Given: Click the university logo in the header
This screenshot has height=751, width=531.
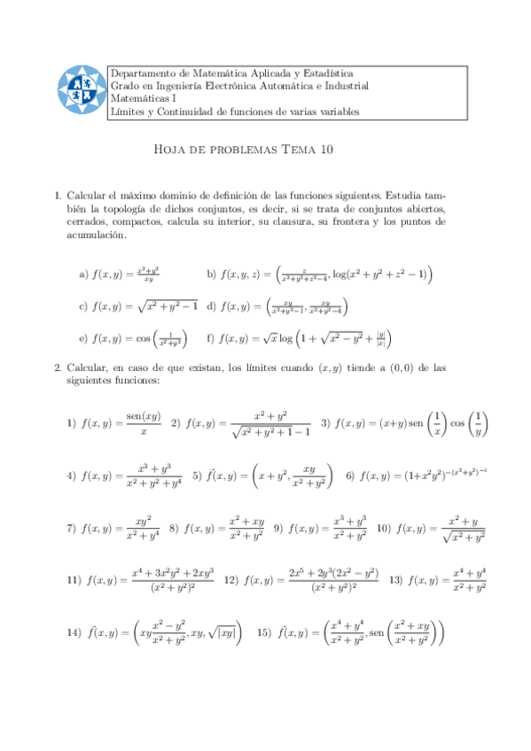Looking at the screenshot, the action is (x=79, y=90).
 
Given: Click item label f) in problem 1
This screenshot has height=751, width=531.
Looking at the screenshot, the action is (x=211, y=337).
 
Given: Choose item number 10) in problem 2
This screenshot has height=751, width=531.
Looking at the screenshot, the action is (x=384, y=529).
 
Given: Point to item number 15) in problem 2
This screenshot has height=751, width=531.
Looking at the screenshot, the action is (x=263, y=633).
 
